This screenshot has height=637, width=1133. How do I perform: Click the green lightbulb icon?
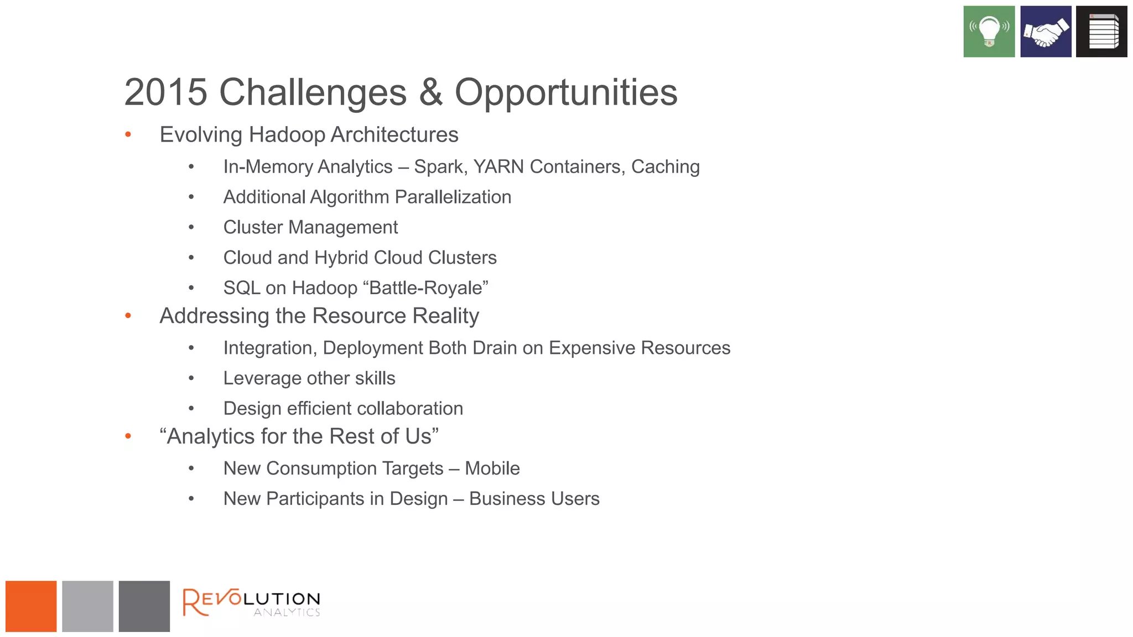coord(989,32)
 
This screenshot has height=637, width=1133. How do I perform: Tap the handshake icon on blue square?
coord(1045,32)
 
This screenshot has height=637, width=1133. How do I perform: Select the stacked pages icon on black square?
coord(1101,32)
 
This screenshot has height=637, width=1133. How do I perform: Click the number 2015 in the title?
coord(165,92)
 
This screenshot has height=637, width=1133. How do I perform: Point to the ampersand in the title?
coord(430,92)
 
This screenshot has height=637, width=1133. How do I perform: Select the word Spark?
coord(440,167)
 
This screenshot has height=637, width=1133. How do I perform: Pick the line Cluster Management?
coord(310,227)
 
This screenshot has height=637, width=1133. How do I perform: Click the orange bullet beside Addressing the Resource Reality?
coord(128,316)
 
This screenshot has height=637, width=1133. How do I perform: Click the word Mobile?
coord(492,468)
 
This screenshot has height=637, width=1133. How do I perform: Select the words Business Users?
coord(534,499)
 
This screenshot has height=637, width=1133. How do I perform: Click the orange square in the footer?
coord(31,606)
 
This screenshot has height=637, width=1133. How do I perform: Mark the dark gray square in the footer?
coord(144,606)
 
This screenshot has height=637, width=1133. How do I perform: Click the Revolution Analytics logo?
coord(252,603)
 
